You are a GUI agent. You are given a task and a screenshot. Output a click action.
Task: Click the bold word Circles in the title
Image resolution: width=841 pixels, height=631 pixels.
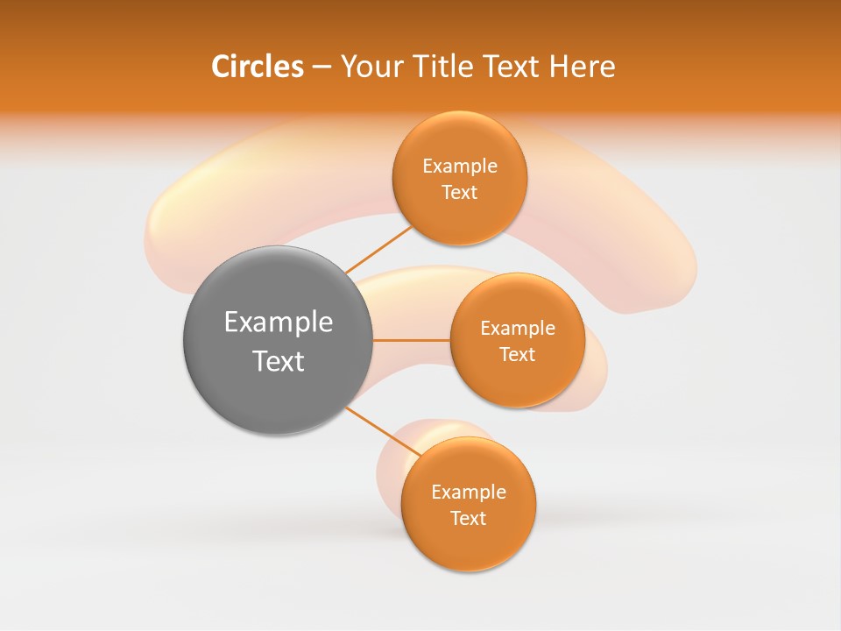258,67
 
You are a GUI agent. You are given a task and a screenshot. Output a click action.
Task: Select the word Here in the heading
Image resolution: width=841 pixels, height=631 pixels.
582,67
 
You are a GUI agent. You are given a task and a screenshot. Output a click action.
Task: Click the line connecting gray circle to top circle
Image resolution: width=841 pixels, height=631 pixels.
378,249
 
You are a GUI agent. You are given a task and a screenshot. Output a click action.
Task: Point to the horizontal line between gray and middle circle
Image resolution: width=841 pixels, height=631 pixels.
412,340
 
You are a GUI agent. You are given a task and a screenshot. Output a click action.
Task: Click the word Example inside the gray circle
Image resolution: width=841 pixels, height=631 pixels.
279,323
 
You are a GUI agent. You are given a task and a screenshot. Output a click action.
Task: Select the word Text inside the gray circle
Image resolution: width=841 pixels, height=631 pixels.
279,361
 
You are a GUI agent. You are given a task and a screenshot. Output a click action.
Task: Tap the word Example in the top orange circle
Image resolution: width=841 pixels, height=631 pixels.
460,167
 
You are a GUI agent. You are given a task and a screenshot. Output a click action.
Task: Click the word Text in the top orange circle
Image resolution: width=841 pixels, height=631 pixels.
460,192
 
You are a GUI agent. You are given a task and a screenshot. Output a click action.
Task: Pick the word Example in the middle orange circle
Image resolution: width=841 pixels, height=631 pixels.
518,329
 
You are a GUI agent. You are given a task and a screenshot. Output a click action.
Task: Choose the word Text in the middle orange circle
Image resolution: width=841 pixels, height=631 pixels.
518,354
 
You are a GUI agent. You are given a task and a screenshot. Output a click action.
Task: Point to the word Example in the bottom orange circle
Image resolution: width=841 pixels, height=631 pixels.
469,493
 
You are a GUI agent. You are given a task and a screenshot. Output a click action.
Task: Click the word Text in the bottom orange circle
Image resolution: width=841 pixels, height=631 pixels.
469,518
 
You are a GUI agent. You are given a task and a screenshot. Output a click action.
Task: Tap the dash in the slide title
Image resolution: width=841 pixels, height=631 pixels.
321,67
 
